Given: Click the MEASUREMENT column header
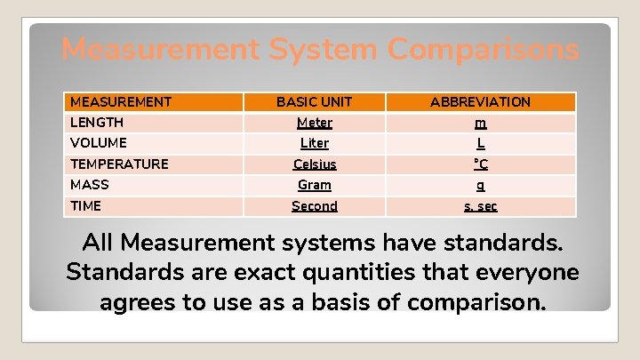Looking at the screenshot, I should [x=121, y=102].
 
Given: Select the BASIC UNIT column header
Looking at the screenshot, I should [x=314, y=102].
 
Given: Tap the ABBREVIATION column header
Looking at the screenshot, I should [x=480, y=102].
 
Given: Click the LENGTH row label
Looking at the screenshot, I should [x=97, y=123].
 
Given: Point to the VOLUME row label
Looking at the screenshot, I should [x=99, y=143].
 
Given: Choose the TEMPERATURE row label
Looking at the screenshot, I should [x=119, y=164].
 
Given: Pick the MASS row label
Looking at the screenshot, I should [x=90, y=185].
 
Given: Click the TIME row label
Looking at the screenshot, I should [x=86, y=206].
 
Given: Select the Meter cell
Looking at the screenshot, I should [x=314, y=123].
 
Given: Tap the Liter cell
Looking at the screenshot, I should [x=314, y=143].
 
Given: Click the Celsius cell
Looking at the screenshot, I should [x=315, y=164].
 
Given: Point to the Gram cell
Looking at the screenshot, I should [x=314, y=185].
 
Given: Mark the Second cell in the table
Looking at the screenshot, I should [x=315, y=206].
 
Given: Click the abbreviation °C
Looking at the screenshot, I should [x=480, y=164].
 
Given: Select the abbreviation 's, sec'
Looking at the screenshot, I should [x=480, y=206].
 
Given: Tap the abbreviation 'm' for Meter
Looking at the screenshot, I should [x=480, y=124].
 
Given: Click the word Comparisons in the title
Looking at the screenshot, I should [x=483, y=50].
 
